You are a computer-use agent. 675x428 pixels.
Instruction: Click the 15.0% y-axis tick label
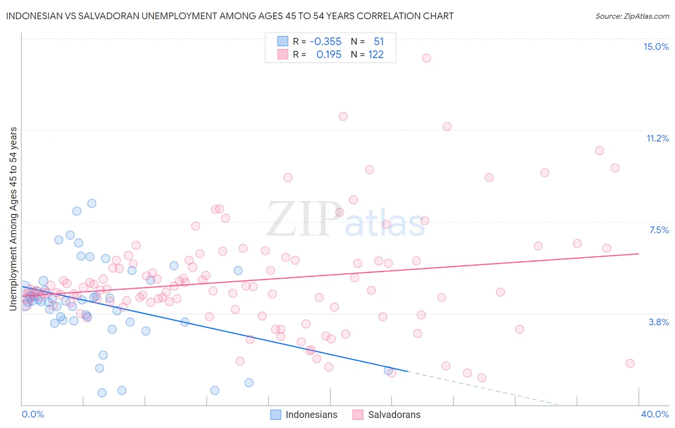point(656,47)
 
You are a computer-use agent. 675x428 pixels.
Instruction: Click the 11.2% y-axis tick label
point(657,138)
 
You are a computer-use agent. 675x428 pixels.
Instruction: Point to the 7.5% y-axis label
point(659,230)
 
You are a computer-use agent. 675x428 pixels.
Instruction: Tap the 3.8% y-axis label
point(659,322)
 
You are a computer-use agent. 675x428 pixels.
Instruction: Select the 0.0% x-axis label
point(33,414)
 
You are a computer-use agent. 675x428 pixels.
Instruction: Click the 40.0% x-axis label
point(655,414)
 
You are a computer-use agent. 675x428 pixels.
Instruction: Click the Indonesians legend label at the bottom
point(311,415)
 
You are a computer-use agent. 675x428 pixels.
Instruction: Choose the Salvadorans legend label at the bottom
point(394,415)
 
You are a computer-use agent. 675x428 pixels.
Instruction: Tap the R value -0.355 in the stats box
point(325,42)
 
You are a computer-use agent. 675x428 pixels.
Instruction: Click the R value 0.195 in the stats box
point(329,55)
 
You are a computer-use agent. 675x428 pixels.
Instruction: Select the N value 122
point(376,55)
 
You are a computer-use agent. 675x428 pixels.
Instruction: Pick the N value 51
point(379,42)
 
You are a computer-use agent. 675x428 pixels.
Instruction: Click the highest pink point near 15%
point(426,58)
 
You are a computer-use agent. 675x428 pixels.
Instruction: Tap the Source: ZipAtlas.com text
point(632,16)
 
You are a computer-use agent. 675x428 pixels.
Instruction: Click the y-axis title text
point(13,219)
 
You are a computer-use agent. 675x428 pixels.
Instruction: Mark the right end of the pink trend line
point(639,253)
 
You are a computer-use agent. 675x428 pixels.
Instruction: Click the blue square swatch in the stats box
point(282,42)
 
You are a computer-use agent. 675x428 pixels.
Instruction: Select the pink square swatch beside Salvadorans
point(357,415)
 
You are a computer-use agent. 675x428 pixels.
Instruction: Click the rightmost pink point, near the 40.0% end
point(630,363)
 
